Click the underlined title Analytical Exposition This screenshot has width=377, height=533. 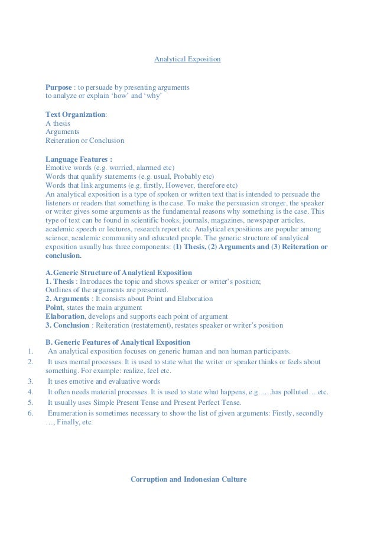[187, 60]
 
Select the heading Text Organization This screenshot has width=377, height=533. [75, 115]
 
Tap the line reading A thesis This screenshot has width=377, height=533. [58, 123]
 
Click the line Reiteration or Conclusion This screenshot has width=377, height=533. [85, 141]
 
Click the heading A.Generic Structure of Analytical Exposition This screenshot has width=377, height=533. [119, 272]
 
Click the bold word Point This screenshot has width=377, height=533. [54, 308]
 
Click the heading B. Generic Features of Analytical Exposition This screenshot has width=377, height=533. [118, 342]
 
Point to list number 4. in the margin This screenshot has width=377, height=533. [30, 393]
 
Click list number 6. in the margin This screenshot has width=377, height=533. [30, 414]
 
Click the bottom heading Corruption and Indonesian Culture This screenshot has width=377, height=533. [188, 479]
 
